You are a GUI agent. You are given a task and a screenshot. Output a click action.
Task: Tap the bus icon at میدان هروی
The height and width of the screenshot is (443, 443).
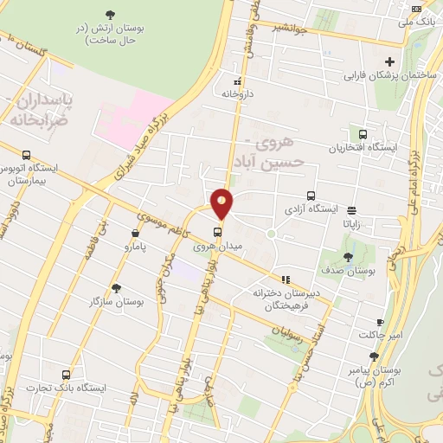(218, 231)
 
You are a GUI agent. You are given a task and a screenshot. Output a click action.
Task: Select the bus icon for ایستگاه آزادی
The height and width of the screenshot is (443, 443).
(311, 196)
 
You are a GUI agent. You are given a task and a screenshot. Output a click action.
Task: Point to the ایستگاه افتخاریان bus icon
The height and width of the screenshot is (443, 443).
(363, 134)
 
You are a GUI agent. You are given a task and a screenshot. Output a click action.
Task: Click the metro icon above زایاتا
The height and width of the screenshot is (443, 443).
(351, 209)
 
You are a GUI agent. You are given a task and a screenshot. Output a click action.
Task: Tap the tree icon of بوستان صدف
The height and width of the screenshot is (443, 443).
(347, 256)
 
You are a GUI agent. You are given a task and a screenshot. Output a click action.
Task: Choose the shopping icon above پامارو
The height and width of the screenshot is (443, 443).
(136, 234)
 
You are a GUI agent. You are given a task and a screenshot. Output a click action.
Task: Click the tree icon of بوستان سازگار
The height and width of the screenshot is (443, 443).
(116, 288)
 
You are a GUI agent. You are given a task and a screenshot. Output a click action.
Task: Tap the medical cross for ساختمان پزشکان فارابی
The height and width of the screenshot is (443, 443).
(390, 61)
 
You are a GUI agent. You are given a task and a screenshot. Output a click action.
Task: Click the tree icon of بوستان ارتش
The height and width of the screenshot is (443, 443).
(110, 14)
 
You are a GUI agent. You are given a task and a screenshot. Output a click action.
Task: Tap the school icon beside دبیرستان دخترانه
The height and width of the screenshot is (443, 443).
(336, 301)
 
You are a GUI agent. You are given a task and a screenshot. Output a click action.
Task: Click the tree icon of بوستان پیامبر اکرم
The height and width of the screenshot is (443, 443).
(374, 356)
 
